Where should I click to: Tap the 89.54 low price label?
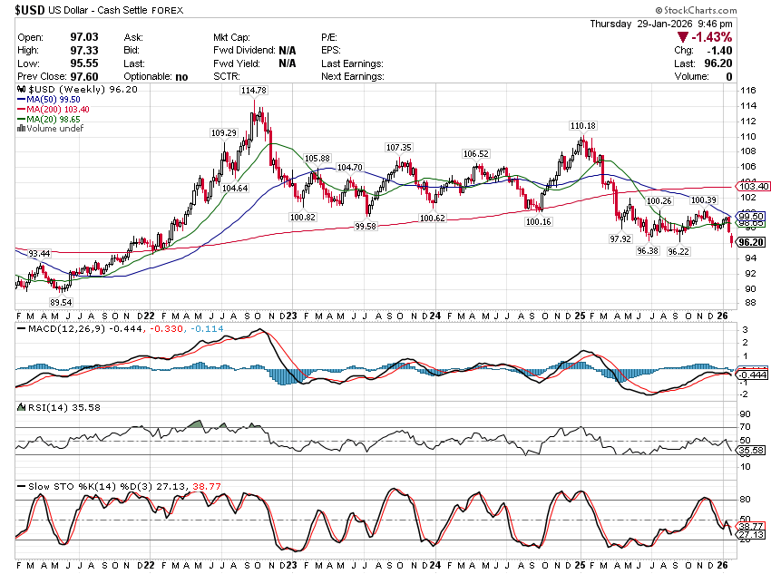(61, 301)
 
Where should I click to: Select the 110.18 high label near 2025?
(582, 125)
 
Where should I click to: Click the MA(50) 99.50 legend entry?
(52, 100)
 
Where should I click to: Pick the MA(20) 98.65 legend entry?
(52, 119)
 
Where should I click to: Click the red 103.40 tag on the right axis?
(754, 186)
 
